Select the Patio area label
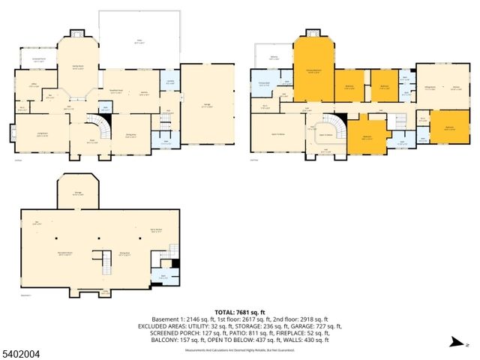(x=137, y=41)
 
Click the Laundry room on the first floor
(x=170, y=80)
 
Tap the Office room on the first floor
(x=34, y=85)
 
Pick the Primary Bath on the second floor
(x=264, y=85)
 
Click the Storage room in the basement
(x=77, y=194)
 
